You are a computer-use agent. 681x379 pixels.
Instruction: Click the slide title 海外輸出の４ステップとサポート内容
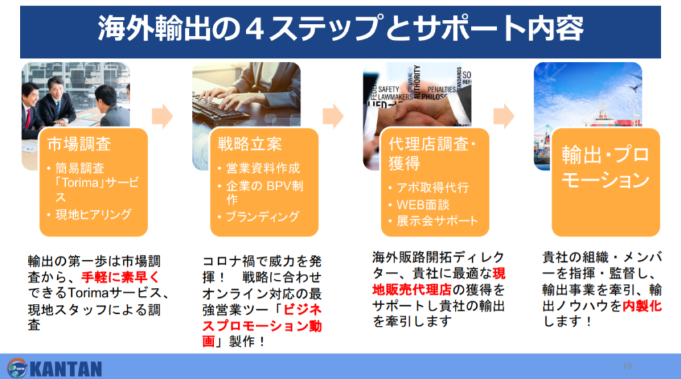[340, 29]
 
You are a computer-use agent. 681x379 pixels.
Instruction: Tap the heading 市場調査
[79, 144]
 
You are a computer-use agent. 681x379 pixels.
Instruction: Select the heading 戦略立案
[250, 144]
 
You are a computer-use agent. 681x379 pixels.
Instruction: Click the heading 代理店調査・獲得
[432, 154]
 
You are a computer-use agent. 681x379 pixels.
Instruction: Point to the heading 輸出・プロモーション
[605, 167]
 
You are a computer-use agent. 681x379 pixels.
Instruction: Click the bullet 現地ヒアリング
[93, 215]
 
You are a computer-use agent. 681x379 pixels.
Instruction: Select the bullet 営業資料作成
[263, 168]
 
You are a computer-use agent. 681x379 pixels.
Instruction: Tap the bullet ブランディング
[263, 216]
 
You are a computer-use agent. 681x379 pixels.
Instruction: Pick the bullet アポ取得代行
[432, 188]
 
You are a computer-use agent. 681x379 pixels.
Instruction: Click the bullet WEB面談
[422, 205]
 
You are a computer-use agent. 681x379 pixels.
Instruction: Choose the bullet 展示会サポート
[437, 221]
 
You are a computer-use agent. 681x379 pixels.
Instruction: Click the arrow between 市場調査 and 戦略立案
[162, 116]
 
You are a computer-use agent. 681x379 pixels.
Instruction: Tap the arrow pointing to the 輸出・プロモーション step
[504, 116]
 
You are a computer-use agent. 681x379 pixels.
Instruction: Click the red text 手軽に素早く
[120, 277]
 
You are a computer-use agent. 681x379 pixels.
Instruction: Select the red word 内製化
[642, 306]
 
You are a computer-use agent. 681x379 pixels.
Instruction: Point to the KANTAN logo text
[66, 369]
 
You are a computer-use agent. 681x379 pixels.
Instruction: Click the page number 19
[626, 366]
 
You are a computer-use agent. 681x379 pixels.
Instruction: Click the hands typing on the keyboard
[231, 98]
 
